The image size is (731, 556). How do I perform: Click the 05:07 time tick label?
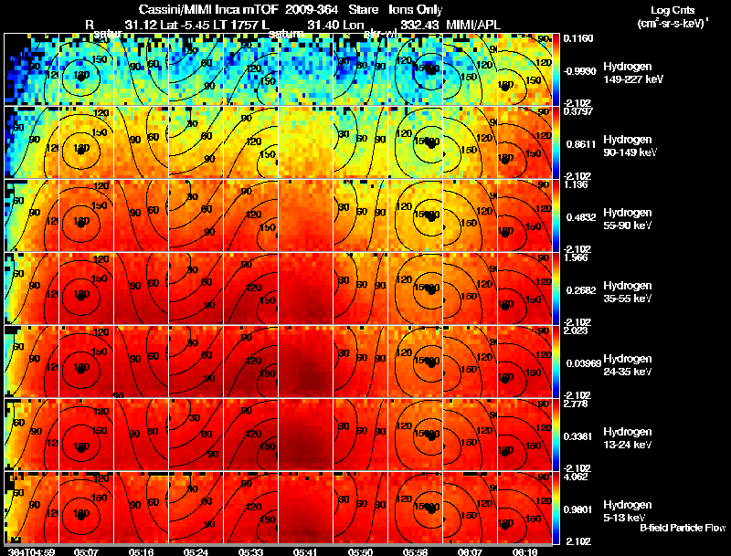[86, 551]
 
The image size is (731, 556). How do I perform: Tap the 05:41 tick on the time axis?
[305, 551]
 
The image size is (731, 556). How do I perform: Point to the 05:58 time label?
[415, 551]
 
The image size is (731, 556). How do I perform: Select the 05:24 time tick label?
[196, 551]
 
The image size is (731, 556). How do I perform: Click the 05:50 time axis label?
[360, 551]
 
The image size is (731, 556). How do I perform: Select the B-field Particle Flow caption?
[682, 528]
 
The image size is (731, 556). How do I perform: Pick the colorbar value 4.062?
[575, 476]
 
